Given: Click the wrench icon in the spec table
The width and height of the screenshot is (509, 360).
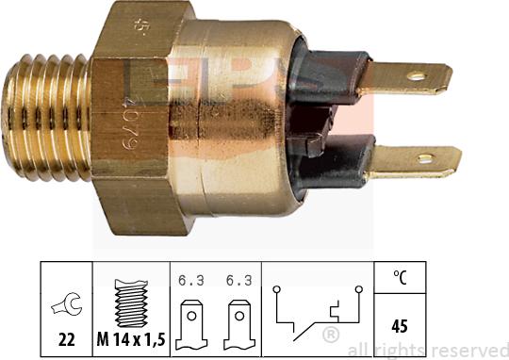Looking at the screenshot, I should (64, 304).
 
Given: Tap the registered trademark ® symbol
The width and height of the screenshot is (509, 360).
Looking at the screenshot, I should (331, 336).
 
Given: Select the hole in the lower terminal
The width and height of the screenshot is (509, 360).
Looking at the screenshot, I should (425, 158).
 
